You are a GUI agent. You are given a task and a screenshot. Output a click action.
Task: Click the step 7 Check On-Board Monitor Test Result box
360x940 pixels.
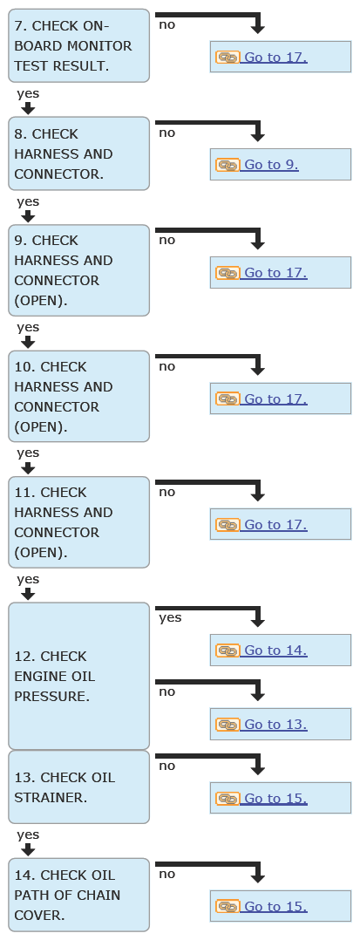coord(78,45)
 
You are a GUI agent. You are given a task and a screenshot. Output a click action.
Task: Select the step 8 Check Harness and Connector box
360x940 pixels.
coord(78,153)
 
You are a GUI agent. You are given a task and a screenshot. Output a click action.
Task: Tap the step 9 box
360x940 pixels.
coord(78,270)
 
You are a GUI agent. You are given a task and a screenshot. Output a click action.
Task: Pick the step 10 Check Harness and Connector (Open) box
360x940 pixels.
coord(78,396)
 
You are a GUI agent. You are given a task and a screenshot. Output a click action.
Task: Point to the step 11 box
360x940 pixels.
coord(78,522)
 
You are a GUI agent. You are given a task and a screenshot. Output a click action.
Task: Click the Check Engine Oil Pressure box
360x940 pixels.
coord(78,677)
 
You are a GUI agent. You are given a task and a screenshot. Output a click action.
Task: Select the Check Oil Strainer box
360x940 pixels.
coord(78,787)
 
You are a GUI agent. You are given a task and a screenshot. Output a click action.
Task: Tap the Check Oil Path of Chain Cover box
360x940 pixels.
coord(78,895)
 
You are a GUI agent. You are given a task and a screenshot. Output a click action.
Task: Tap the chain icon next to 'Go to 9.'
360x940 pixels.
coord(228,165)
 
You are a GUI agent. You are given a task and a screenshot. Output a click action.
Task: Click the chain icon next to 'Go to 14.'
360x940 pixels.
coord(228,651)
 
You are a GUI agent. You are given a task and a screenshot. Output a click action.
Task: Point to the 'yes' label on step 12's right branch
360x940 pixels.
coord(170,617)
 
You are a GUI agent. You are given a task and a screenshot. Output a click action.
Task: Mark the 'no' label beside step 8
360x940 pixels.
coord(167,133)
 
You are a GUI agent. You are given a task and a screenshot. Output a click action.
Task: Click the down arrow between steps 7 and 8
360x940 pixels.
coord(28,108)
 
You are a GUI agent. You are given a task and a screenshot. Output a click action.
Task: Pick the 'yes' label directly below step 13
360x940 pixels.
coord(28,834)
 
